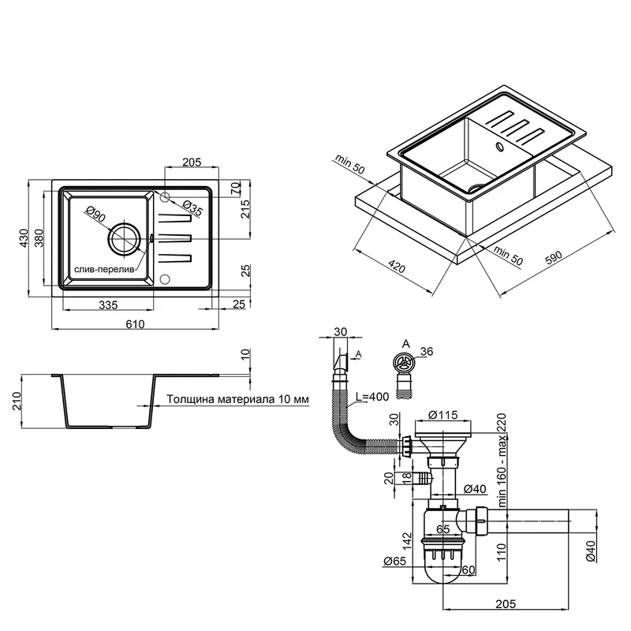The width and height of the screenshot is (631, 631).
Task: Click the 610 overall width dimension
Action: [x=136, y=323]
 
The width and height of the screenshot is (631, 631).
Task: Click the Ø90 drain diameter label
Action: [x=95, y=215]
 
